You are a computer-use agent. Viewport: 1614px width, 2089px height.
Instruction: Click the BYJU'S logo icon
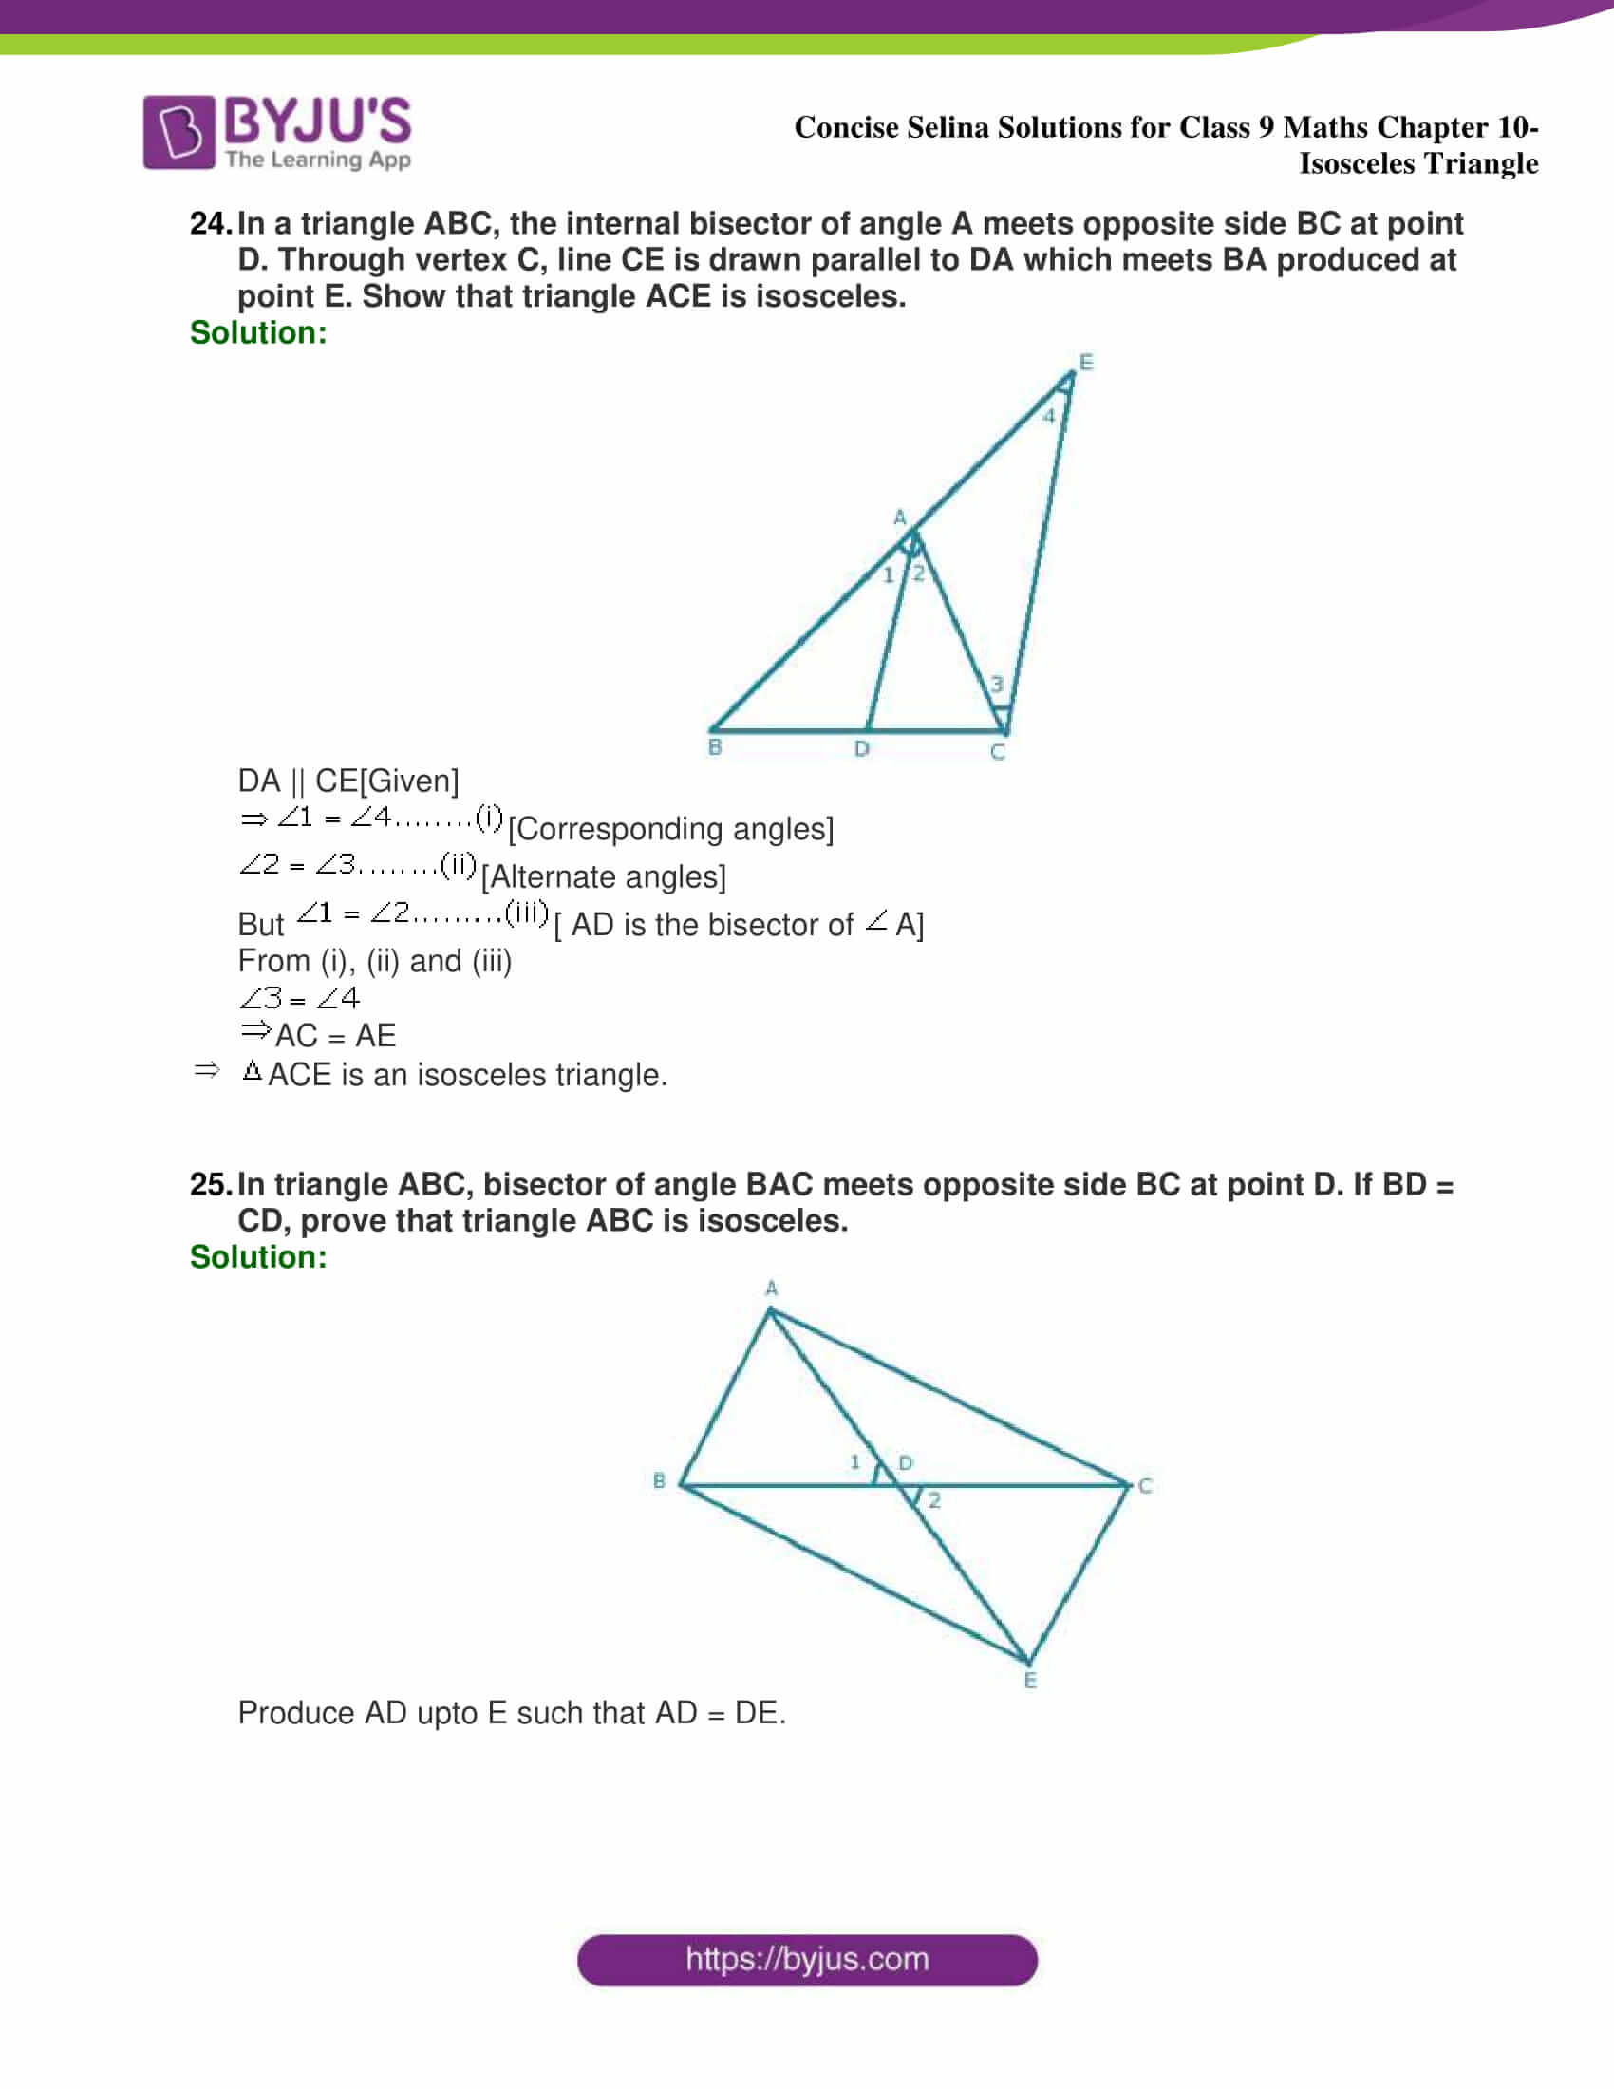coord(178,132)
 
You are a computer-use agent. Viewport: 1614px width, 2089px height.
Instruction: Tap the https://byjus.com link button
coord(807,1960)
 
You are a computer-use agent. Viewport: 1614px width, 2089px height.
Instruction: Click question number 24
coord(210,224)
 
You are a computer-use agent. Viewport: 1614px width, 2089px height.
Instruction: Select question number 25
coord(210,1185)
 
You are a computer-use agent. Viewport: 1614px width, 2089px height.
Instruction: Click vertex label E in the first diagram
coord(1085,363)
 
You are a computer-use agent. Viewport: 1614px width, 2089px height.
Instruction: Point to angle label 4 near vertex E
coord(1049,416)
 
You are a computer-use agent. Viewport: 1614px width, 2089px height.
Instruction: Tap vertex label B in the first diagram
coord(714,748)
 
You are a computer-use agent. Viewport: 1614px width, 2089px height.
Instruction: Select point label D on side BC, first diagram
coord(861,749)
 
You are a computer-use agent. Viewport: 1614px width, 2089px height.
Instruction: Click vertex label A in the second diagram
coord(772,1289)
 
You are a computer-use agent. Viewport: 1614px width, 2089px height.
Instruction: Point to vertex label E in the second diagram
coord(1030,1682)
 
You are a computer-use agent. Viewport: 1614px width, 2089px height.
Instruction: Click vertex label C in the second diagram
coord(1145,1486)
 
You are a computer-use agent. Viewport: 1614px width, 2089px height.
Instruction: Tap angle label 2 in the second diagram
coord(934,1500)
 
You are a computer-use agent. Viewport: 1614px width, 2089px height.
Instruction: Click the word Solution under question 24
coord(258,333)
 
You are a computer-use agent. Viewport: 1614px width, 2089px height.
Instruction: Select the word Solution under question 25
coord(258,1257)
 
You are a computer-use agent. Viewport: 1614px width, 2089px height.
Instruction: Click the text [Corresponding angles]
coord(670,829)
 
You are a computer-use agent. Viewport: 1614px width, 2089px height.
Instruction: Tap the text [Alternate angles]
coord(603,877)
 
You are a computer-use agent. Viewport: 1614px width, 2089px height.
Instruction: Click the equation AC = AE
coord(334,1036)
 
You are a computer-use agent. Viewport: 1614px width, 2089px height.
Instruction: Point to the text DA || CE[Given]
coord(348,781)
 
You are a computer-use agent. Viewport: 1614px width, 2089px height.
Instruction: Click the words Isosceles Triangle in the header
coord(1418,163)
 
